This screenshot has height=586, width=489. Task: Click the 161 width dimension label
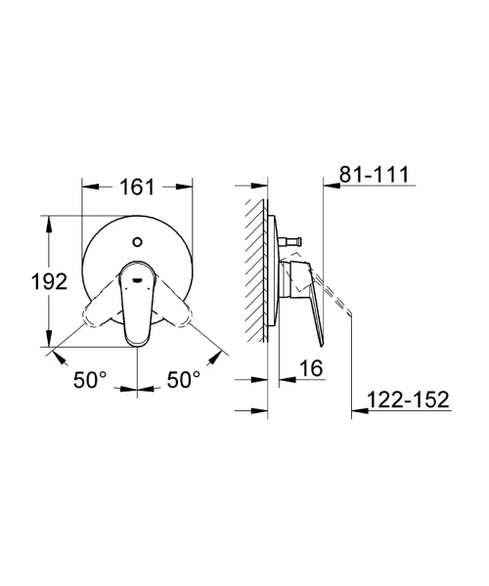(137, 187)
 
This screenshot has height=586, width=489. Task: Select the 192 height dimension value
(49, 281)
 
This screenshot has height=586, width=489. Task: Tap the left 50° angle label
(90, 380)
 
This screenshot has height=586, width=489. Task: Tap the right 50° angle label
(183, 380)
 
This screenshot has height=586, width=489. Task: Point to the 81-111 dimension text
(375, 174)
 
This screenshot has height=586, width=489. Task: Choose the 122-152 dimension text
(408, 399)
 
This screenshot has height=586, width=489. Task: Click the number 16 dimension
(311, 368)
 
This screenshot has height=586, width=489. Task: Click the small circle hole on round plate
(138, 242)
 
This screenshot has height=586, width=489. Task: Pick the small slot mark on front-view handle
(138, 279)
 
